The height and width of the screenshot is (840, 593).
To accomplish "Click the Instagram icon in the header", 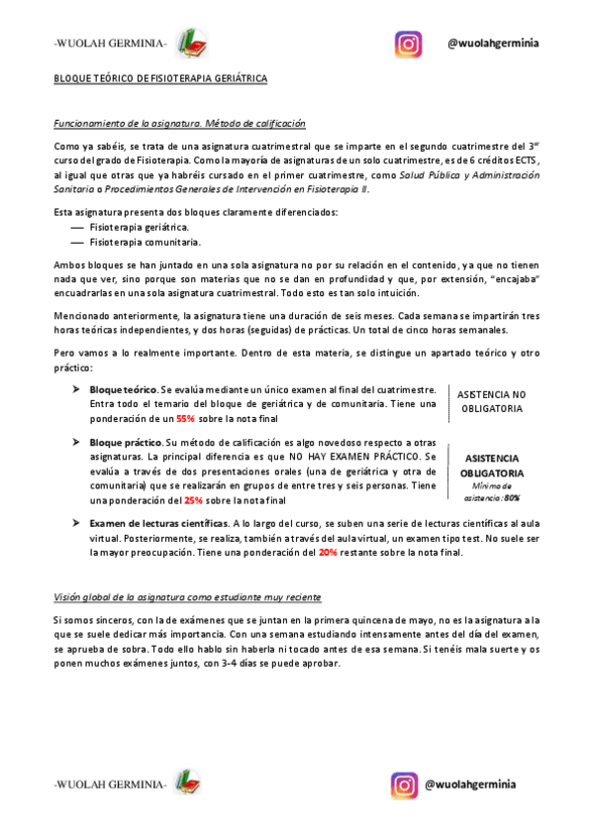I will pyautogui.click(x=409, y=44).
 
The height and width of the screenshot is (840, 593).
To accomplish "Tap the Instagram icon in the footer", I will pyautogui.click(x=405, y=785).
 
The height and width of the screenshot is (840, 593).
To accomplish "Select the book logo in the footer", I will pyautogui.click(x=187, y=784).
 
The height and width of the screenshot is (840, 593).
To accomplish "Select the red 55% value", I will pyautogui.click(x=185, y=419).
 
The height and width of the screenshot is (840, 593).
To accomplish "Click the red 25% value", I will pyautogui.click(x=193, y=500).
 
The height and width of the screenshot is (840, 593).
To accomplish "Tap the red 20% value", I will pyautogui.click(x=328, y=552).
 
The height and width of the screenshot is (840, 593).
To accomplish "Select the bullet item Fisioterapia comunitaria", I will pyautogui.click(x=145, y=241).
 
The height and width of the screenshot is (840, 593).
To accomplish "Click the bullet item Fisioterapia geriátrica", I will pyautogui.click(x=139, y=227).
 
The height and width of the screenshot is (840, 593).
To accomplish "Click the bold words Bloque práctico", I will pyautogui.click(x=125, y=443).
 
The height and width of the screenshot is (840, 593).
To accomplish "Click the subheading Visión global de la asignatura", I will pyautogui.click(x=186, y=598).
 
